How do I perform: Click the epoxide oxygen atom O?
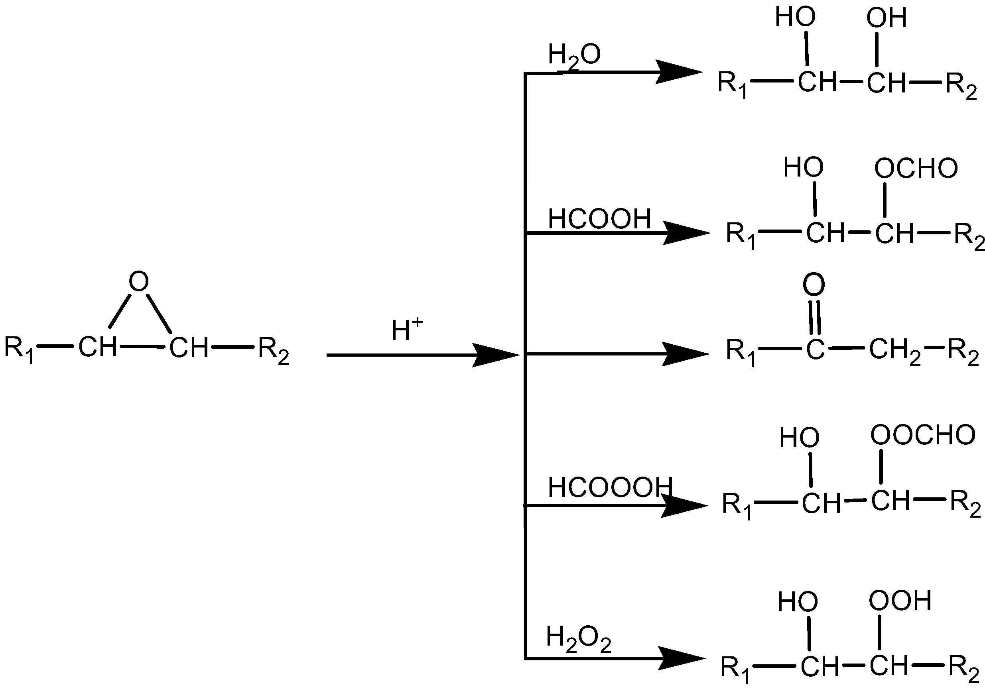point(139,281)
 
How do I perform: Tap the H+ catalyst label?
point(406,330)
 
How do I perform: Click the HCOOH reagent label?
point(599,219)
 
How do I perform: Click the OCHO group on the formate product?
point(916,168)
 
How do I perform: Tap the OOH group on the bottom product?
point(900,601)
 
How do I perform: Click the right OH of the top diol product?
point(886,18)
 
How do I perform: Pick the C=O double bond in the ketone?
point(815,318)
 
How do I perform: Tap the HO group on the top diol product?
point(795,17)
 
